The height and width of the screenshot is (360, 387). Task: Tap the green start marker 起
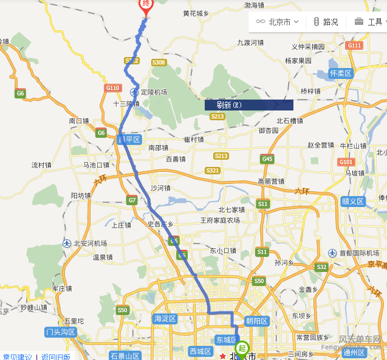click(242, 348)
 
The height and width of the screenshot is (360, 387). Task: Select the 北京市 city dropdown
click(278, 22)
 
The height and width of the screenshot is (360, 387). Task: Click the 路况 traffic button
click(326, 22)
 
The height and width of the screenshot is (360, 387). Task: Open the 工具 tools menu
click(369, 22)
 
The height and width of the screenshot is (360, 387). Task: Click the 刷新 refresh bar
click(248, 105)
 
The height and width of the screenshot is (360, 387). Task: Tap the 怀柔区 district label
click(340, 73)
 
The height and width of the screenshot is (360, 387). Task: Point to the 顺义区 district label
click(352, 201)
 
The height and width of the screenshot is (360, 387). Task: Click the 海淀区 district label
click(165, 318)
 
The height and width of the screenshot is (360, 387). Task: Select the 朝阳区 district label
click(256, 321)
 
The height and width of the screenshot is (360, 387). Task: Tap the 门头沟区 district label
click(60, 331)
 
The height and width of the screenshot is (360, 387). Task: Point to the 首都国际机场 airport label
click(358, 253)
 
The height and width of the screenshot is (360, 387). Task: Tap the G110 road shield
click(112, 88)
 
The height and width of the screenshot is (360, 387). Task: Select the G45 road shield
click(267, 158)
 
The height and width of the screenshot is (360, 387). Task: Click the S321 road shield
click(213, 171)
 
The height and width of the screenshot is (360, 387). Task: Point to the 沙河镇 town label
click(161, 188)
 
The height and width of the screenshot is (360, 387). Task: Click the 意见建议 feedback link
click(17, 356)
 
